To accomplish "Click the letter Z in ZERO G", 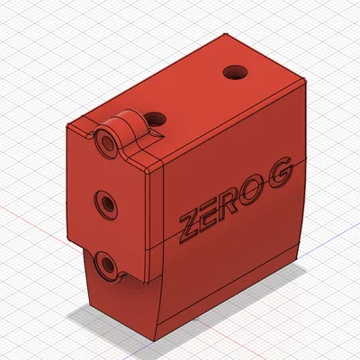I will (190, 227).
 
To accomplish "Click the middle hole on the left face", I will (107, 202).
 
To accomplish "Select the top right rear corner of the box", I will (308, 78).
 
